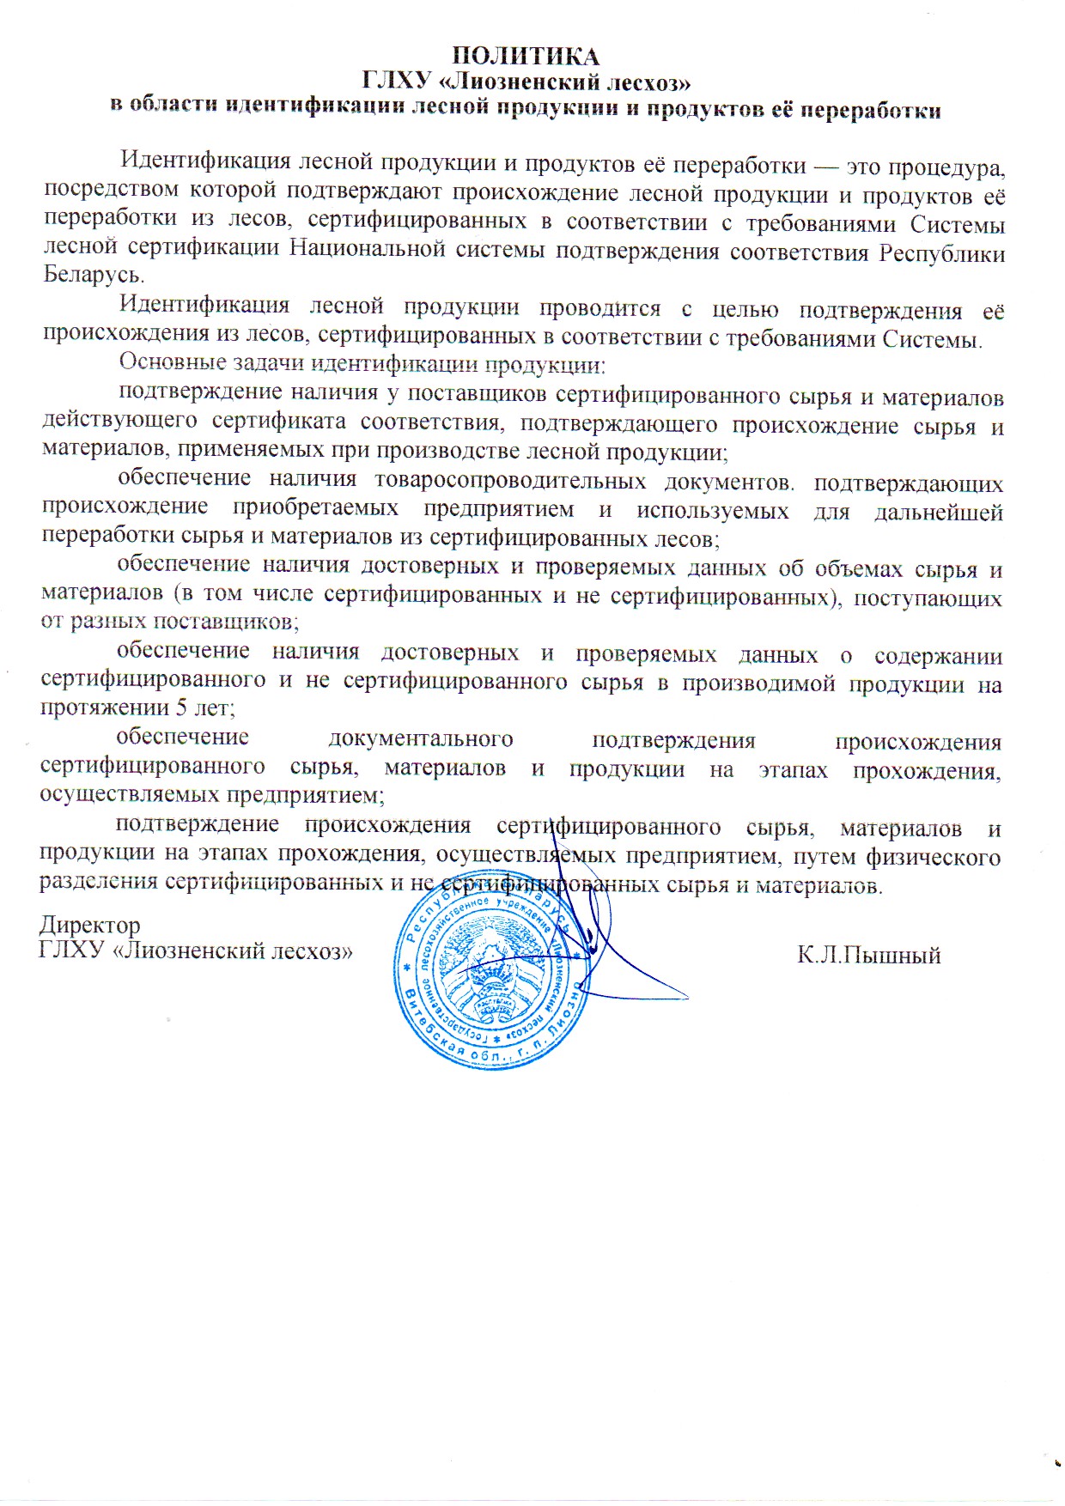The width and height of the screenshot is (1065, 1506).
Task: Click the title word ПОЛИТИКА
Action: coord(526,57)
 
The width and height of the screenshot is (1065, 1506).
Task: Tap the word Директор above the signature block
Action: coord(90,926)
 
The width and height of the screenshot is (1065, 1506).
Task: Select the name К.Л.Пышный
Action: coord(868,955)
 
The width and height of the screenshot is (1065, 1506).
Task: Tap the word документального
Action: coord(421,739)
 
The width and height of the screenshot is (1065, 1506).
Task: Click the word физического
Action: coord(933,857)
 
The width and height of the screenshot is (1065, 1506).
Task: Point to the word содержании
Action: coord(938,656)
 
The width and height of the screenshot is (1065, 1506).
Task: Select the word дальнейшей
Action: coord(938,513)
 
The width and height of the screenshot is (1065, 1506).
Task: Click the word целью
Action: coord(745,310)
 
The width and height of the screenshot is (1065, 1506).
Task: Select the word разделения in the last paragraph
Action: coord(99,882)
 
